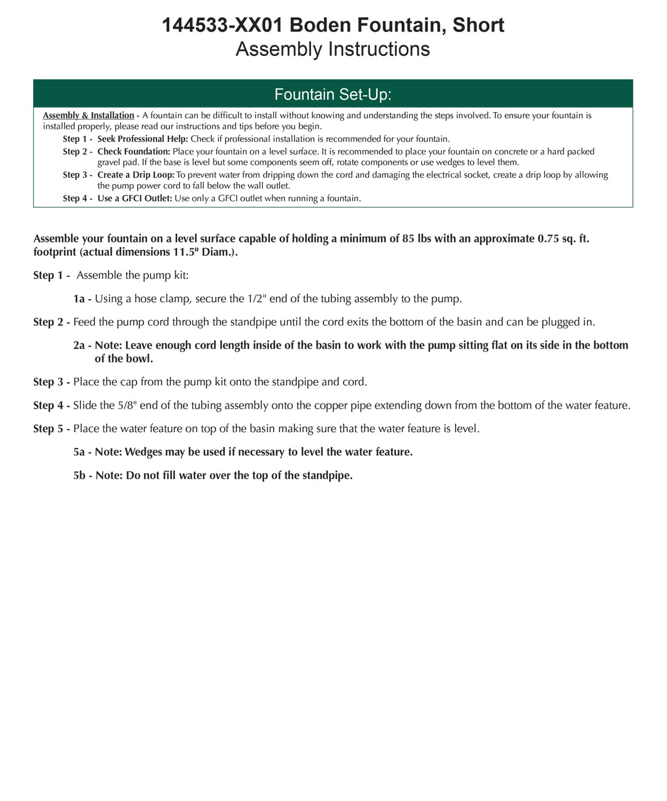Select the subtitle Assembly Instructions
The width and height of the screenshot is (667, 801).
(332, 49)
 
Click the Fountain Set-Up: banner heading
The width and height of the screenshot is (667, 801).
(333, 95)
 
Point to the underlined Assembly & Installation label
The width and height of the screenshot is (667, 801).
(89, 115)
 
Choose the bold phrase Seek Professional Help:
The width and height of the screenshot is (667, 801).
(142, 139)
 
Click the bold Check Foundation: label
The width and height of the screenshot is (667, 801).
(133, 152)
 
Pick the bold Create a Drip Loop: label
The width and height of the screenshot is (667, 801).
(136, 175)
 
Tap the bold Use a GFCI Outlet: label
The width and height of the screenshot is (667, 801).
(134, 198)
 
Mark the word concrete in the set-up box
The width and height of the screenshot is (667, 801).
(511, 152)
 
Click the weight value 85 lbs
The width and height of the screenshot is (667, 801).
(417, 239)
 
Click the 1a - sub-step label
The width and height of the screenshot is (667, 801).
(82, 299)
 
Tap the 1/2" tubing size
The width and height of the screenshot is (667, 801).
(257, 299)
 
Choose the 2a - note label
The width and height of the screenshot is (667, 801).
(82, 345)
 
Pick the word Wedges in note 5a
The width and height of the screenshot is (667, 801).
(144, 452)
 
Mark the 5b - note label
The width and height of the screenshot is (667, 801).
(83, 476)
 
